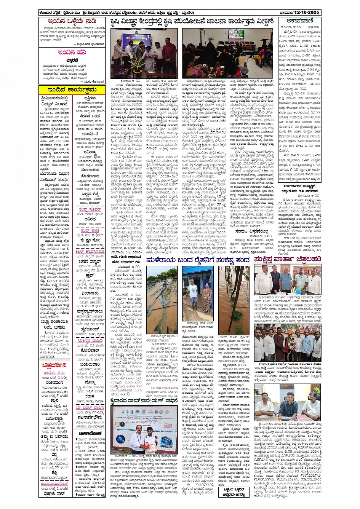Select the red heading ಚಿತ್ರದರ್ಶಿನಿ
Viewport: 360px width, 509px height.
pos(54,365)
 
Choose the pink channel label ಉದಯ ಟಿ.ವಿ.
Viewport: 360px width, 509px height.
pos(54,373)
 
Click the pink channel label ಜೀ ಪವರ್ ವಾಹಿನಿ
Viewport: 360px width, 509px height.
pos(90,408)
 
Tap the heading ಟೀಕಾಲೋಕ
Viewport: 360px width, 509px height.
pos(90,434)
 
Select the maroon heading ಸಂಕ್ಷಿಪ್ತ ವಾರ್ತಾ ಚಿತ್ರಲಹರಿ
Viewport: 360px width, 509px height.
pos(287,260)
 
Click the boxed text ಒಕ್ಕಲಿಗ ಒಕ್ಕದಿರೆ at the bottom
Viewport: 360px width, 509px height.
pos(234,492)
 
